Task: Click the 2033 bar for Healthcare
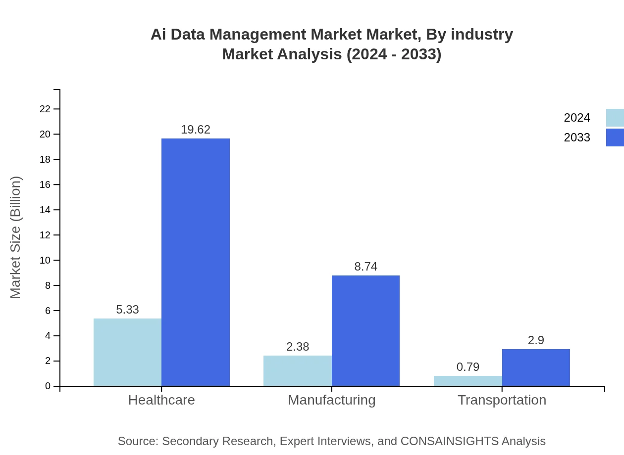pyautogui.click(x=196, y=262)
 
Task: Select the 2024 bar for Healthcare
pyautogui.click(x=127, y=352)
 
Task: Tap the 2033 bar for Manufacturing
pyautogui.click(x=365, y=330)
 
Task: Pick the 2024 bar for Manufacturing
pyautogui.click(x=297, y=370)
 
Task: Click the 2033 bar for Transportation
pyautogui.click(x=536, y=367)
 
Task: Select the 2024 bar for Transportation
pyautogui.click(x=468, y=381)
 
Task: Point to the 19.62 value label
pyautogui.click(x=196, y=130)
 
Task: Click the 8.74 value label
pyautogui.click(x=365, y=267)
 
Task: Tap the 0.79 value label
pyautogui.click(x=468, y=367)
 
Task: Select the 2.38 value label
pyautogui.click(x=297, y=347)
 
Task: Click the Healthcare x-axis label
pyautogui.click(x=161, y=400)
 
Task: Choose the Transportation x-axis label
pyautogui.click(x=502, y=400)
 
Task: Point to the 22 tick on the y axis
pyautogui.click(x=45, y=109)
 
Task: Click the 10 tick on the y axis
pyautogui.click(x=45, y=260)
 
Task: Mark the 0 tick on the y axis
pyautogui.click(x=48, y=386)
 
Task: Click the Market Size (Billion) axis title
pyautogui.click(x=16, y=237)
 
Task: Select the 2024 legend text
pyautogui.click(x=577, y=118)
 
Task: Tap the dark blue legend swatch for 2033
pyautogui.click(x=615, y=137)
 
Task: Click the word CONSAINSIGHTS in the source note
pyautogui.click(x=449, y=441)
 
